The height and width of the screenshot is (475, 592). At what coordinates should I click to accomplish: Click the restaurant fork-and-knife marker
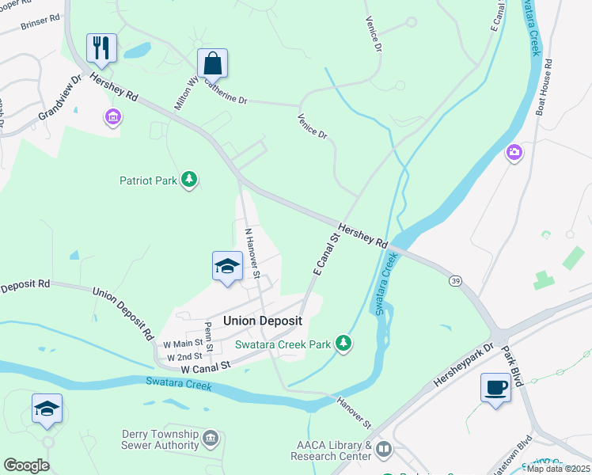coord(102,47)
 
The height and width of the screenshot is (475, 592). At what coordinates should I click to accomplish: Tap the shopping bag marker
coord(213,63)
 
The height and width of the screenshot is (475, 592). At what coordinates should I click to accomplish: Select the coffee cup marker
coord(495,388)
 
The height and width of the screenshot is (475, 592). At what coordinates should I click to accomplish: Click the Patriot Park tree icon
coord(189,180)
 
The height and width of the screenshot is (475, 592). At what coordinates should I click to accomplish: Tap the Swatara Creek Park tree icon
coord(343,344)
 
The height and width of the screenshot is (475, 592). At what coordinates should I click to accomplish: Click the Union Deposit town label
coord(263,321)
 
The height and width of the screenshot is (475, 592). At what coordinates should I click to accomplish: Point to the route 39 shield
coord(455,280)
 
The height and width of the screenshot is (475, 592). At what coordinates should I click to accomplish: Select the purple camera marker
coord(514,152)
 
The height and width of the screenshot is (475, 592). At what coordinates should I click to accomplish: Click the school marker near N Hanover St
coord(227,266)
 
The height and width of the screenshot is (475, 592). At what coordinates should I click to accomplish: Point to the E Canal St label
coord(325,254)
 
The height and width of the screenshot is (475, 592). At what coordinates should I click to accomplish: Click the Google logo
coord(26,465)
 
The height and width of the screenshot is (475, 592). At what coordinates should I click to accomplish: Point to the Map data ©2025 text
coord(559,469)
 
